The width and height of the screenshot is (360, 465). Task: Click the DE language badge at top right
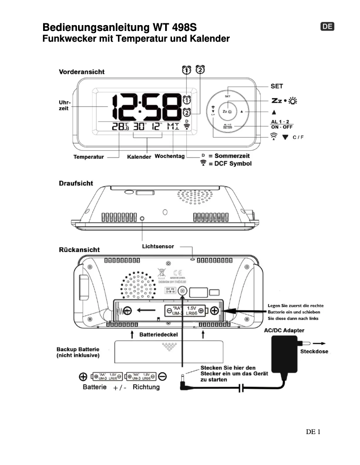[x=328, y=26]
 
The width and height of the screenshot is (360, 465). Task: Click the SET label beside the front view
[x=277, y=86]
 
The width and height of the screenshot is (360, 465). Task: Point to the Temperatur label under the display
[x=89, y=157]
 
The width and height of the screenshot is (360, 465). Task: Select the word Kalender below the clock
[x=140, y=157]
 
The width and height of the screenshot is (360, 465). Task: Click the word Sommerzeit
[x=232, y=156]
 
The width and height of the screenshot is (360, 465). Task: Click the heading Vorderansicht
[x=82, y=72]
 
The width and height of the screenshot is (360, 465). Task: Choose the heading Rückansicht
[x=79, y=249]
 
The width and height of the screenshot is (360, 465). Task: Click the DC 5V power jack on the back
[x=183, y=291]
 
